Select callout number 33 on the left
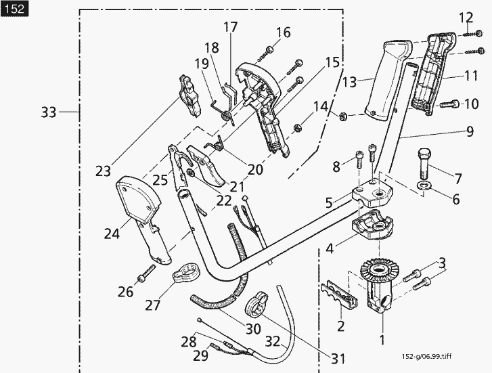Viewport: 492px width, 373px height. click(x=48, y=112)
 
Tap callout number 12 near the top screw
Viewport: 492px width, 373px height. click(x=466, y=17)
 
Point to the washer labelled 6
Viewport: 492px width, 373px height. click(x=422, y=185)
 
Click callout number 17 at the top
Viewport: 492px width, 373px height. click(x=230, y=28)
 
